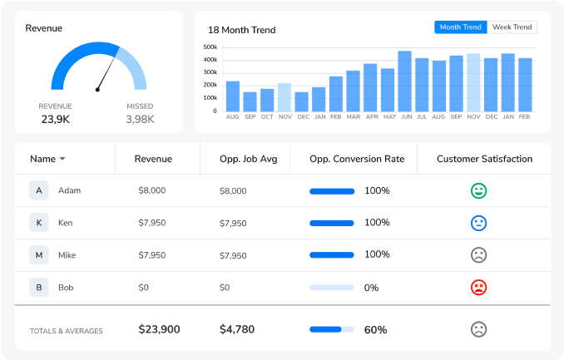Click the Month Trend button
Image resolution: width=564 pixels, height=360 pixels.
(x=461, y=27)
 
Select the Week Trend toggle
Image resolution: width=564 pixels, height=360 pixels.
(x=512, y=27)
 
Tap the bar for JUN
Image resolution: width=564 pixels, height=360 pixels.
(x=405, y=81)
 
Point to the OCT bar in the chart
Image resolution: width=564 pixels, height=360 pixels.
(x=267, y=101)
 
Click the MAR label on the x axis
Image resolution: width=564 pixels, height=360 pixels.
(x=354, y=117)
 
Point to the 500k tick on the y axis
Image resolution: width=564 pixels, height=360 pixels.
(x=210, y=47)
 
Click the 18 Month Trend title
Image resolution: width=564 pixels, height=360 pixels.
(x=241, y=30)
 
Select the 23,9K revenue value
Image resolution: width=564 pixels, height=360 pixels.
(x=55, y=119)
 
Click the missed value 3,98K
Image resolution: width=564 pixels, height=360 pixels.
(x=140, y=119)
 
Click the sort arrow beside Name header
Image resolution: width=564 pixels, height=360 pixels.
(x=62, y=159)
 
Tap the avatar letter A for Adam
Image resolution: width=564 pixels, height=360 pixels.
(x=38, y=190)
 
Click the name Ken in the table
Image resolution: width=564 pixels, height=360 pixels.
(x=65, y=223)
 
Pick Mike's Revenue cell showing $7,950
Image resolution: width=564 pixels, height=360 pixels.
(x=152, y=255)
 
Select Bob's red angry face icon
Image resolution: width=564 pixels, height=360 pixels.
(x=478, y=288)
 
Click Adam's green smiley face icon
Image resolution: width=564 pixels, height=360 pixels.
(x=478, y=190)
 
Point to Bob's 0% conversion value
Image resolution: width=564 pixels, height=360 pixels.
(x=371, y=288)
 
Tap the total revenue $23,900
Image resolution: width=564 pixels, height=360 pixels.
(x=159, y=329)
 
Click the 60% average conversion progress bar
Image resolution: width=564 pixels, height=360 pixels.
(x=331, y=329)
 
